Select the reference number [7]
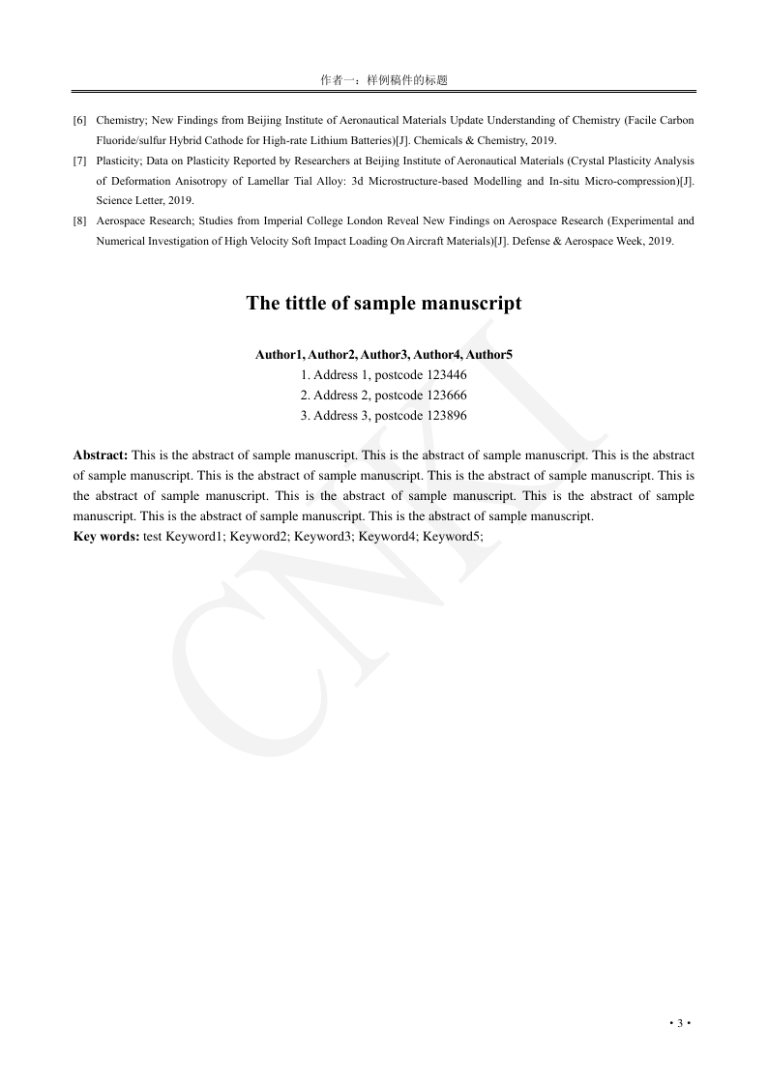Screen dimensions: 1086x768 click(x=79, y=161)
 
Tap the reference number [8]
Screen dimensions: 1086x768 click(x=79, y=220)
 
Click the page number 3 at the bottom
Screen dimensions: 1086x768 click(x=680, y=1023)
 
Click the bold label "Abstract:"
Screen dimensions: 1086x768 click(x=101, y=455)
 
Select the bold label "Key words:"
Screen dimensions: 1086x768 click(x=106, y=536)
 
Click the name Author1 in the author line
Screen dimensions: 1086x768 click(x=280, y=355)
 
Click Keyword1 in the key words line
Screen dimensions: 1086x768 click(x=194, y=536)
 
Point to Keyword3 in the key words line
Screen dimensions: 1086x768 click(x=323, y=536)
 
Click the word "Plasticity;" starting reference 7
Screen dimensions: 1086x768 click(x=119, y=161)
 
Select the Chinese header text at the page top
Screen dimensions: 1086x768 click(x=384, y=80)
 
